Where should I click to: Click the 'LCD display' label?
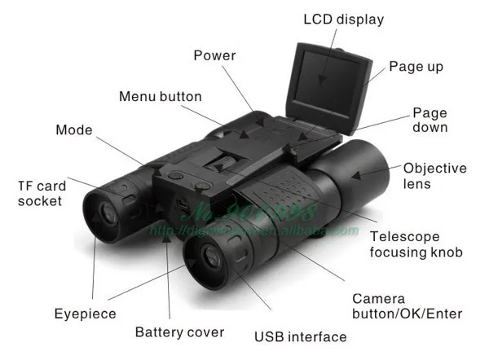[342, 19]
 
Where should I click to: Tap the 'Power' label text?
[214, 55]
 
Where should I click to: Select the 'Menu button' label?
[160, 96]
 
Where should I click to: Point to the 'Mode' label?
[74, 130]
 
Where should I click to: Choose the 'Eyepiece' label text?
[85, 314]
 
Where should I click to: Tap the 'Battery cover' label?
[179, 332]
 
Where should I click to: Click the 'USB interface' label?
[301, 336]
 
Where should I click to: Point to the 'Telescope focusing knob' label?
[416, 244]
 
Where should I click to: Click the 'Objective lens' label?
[434, 176]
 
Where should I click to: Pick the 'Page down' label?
[430, 121]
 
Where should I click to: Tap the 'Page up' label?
[416, 66]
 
